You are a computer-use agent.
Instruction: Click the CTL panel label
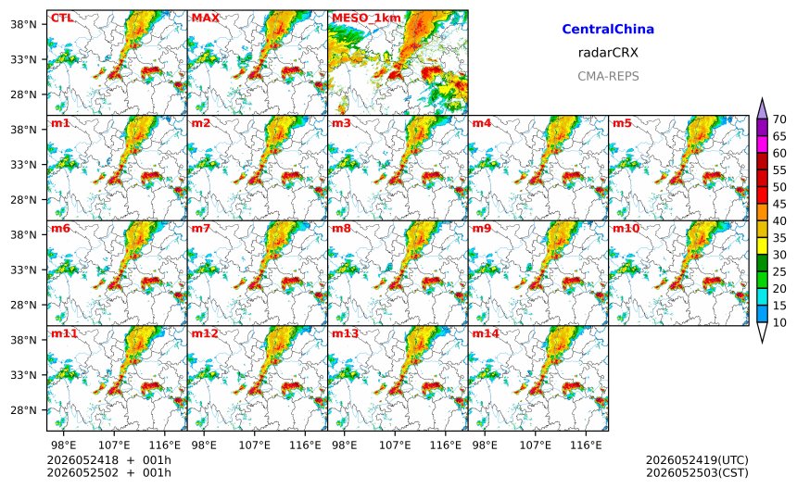pyautogui.click(x=62, y=19)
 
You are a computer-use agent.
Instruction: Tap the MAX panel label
pyautogui.click(x=206, y=19)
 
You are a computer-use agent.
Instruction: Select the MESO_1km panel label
pyautogui.click(x=366, y=19)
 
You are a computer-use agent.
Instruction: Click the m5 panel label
pyautogui.click(x=622, y=123)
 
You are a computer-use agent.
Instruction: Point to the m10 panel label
pyautogui.click(x=626, y=229)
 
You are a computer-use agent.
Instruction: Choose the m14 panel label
pyautogui.click(x=486, y=333)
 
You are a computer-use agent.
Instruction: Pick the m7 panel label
pyautogui.click(x=201, y=229)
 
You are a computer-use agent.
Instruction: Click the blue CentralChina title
pyautogui.click(x=608, y=29)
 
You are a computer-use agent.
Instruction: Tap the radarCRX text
pyautogui.click(x=608, y=52)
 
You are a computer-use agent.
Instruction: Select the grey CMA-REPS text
pyautogui.click(x=608, y=76)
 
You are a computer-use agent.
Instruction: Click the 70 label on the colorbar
pyautogui.click(x=779, y=119)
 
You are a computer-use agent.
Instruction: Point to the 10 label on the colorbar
pyautogui.click(x=779, y=322)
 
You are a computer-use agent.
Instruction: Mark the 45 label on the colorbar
pyautogui.click(x=779, y=204)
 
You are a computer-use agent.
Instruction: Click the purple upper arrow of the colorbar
pyautogui.click(x=762, y=108)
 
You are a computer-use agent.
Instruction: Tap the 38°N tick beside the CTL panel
pyautogui.click(x=24, y=24)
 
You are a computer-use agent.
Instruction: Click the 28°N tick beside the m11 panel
pyautogui.click(x=24, y=410)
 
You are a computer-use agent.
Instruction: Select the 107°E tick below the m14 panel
pyautogui.click(x=536, y=445)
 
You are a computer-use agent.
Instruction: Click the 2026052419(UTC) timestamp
pyautogui.click(x=697, y=460)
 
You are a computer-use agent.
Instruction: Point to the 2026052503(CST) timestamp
pyautogui.click(x=697, y=472)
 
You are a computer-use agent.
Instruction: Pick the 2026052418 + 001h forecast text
pyautogui.click(x=108, y=460)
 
